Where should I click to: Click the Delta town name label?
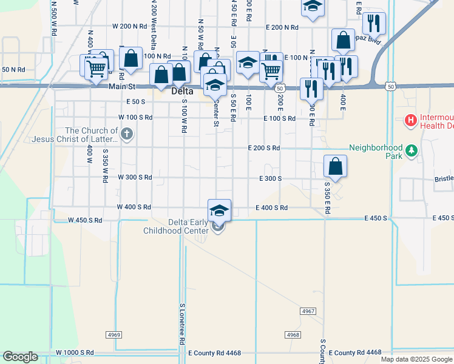click(182, 92)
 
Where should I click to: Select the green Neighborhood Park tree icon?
click(412, 149)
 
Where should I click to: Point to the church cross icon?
click(127, 134)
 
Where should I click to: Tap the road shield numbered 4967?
click(308, 311)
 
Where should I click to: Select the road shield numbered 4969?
click(113, 334)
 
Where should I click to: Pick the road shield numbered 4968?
click(293, 334)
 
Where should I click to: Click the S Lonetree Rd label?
click(181, 325)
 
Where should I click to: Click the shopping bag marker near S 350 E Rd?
click(335, 166)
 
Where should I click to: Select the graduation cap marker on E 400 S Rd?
click(219, 211)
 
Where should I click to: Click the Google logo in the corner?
click(20, 357)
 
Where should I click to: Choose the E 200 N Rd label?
click(282, 27)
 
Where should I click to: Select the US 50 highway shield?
click(390, 87)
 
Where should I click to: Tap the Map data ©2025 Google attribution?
click(416, 359)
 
